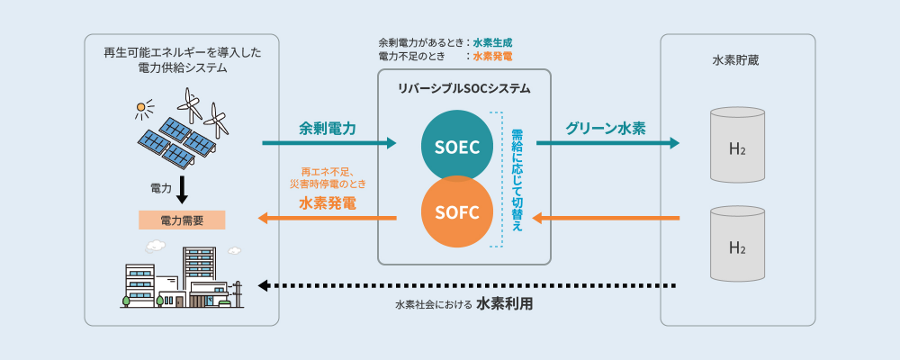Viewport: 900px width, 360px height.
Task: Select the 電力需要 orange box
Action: pyautogui.click(x=182, y=220)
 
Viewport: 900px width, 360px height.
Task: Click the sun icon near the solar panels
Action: pyautogui.click(x=141, y=111)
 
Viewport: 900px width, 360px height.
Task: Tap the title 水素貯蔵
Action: pyautogui.click(x=737, y=61)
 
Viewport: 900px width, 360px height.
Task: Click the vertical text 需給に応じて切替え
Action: pyautogui.click(x=517, y=180)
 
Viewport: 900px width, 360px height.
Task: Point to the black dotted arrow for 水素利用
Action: pyautogui.click(x=468, y=286)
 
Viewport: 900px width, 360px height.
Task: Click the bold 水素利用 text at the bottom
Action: pyautogui.click(x=504, y=304)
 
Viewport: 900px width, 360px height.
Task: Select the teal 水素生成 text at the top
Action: pyautogui.click(x=492, y=42)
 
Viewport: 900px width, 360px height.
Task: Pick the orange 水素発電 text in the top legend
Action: pyautogui.click(x=492, y=56)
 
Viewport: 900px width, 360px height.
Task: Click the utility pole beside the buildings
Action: pyautogui.click(x=238, y=292)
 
